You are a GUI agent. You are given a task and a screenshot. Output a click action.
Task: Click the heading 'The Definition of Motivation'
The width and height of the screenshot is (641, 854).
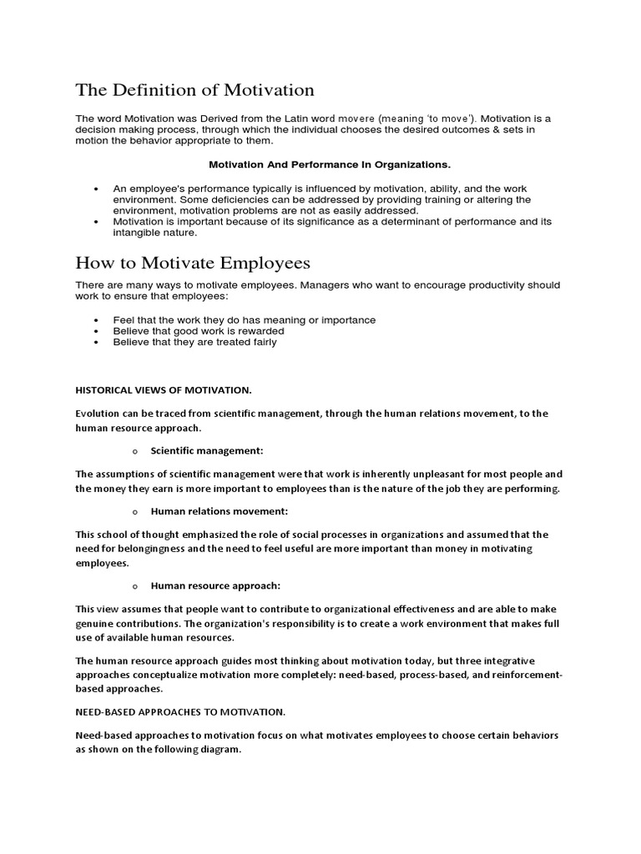click(x=194, y=89)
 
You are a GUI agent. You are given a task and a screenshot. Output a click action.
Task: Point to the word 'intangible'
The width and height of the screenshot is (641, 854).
click(x=140, y=233)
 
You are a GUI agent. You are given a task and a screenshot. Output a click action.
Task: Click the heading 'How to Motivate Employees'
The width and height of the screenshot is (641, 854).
click(x=193, y=263)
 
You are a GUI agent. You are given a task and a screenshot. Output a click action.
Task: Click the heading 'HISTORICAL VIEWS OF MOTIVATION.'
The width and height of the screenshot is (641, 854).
click(x=164, y=389)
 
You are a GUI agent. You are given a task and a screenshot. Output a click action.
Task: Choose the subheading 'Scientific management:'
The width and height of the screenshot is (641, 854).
click(x=207, y=450)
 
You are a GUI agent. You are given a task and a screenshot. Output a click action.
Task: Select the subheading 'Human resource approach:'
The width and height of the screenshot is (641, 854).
click(x=215, y=585)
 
